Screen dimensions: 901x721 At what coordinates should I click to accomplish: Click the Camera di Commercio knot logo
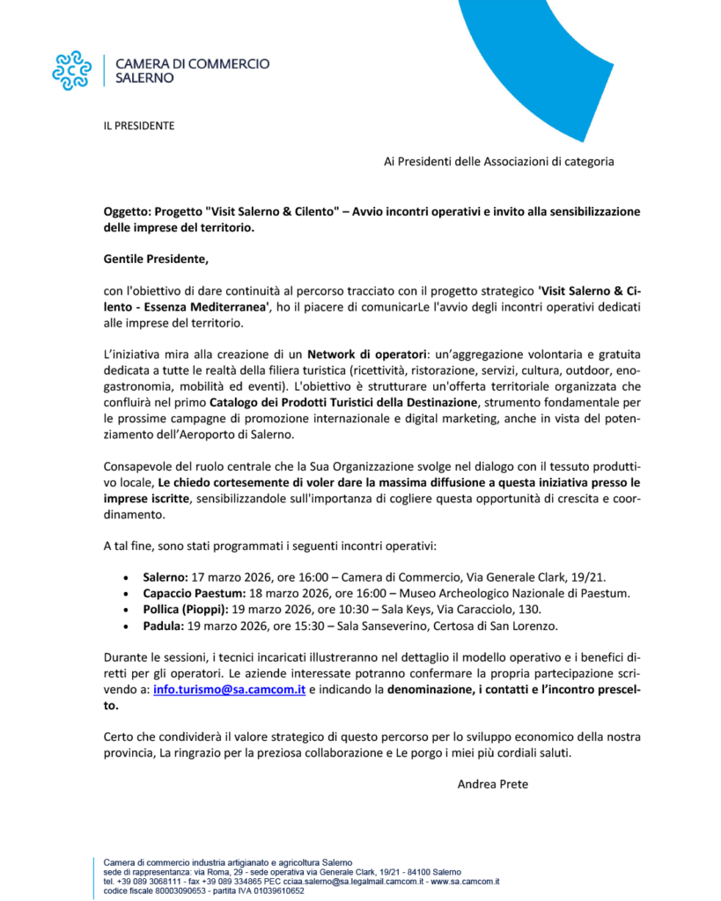(x=71, y=70)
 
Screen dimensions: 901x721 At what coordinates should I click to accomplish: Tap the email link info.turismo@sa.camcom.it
(x=229, y=690)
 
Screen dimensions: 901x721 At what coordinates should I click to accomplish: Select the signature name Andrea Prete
(x=492, y=784)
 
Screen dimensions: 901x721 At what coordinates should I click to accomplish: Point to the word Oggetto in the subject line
(x=126, y=212)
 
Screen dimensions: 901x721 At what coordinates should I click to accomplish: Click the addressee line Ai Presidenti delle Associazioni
(x=498, y=161)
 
